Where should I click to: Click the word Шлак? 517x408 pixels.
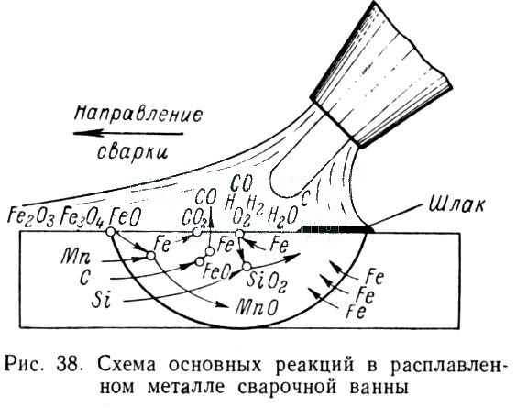tap(457, 204)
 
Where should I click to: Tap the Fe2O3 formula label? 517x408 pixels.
tap(30, 216)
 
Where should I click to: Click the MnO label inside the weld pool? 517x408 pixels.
tap(257, 307)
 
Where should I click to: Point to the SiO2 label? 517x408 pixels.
tap(267, 280)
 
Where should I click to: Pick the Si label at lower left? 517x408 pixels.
tap(101, 300)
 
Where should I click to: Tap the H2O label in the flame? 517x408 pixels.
tap(283, 215)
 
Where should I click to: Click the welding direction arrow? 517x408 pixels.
tap(128, 133)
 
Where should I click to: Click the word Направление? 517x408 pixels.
tap(138, 114)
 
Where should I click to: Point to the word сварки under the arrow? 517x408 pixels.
tap(133, 152)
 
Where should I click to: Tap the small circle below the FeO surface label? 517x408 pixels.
tap(111, 232)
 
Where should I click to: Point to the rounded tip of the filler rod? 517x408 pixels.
tap(280, 191)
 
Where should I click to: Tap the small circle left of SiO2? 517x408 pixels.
tap(246, 266)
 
